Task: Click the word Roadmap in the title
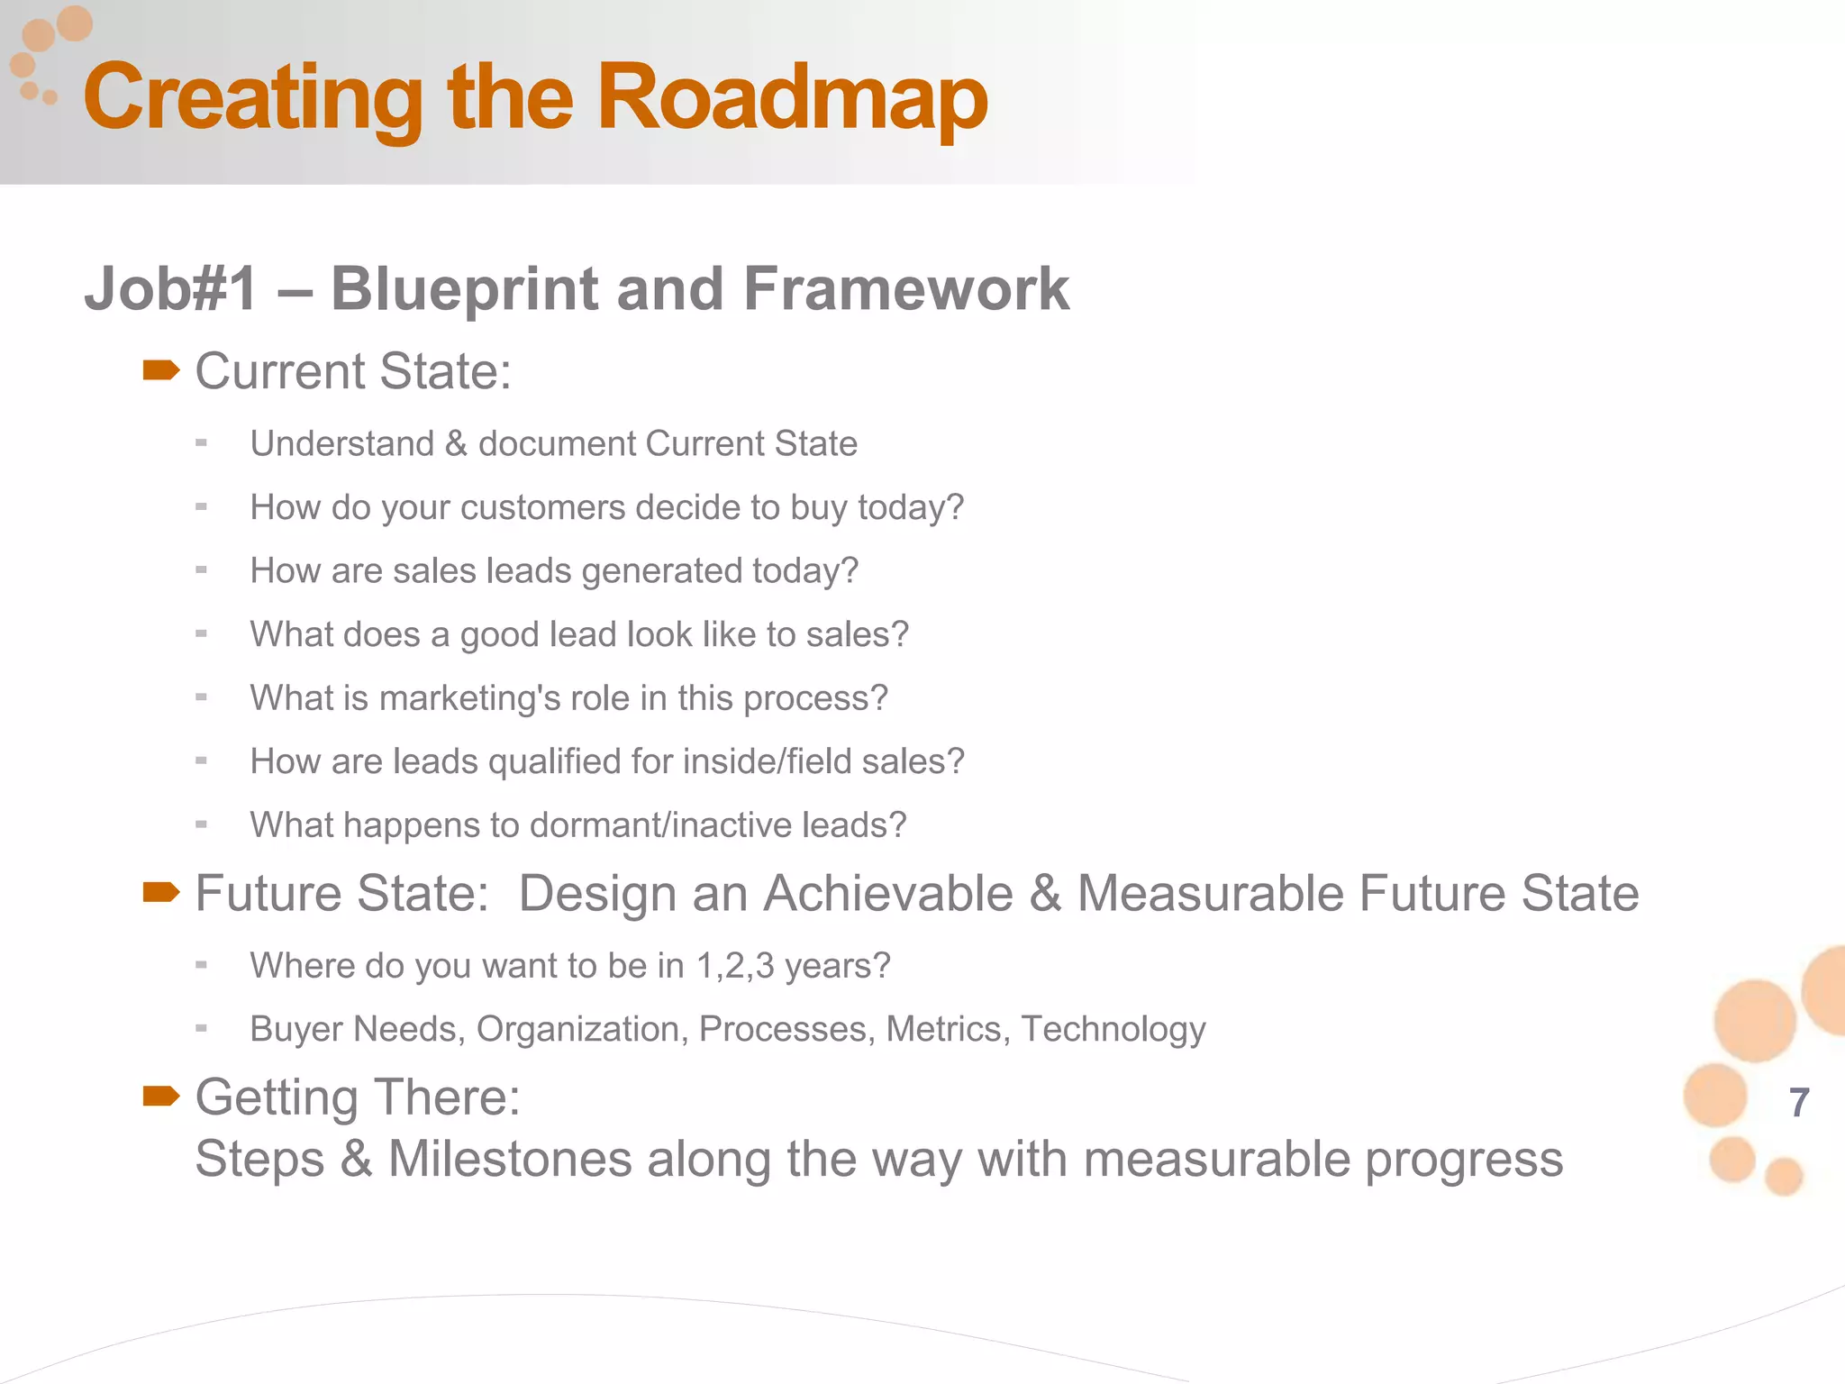pos(792,97)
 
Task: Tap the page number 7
pos(1799,1103)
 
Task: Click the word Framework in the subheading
pos(906,290)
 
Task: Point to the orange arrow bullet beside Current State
pos(161,370)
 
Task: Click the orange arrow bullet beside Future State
pos(161,892)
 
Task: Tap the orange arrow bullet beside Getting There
pos(161,1096)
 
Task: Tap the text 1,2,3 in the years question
pos(735,966)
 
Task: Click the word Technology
pos(1113,1030)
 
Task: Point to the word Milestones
pos(509,1159)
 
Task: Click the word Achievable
pos(888,894)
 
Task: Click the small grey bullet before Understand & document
pos(201,442)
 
